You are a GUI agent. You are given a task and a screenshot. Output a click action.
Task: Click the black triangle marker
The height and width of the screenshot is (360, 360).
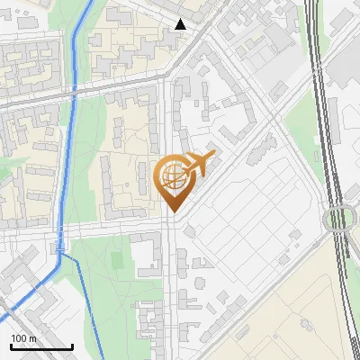click(x=181, y=24)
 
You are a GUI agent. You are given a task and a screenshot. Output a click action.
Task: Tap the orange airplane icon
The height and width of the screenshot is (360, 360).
click(x=201, y=165)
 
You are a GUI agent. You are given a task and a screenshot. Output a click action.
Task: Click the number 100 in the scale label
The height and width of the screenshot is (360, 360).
click(x=20, y=338)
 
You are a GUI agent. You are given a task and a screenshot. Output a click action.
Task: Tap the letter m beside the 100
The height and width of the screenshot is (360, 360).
click(x=32, y=338)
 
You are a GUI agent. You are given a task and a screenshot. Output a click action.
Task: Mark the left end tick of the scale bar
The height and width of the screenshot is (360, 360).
click(x=11, y=346)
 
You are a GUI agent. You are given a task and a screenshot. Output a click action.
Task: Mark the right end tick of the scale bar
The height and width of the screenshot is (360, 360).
click(x=73, y=346)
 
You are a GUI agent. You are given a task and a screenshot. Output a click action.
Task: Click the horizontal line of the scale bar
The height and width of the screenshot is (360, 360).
click(x=41, y=347)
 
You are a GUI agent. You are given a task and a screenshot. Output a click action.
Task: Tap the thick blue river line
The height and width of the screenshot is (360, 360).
click(x=70, y=135)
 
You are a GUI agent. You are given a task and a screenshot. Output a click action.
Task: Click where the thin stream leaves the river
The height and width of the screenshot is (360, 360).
click(x=62, y=255)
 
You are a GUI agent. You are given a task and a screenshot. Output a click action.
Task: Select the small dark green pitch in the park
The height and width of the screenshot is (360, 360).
click(x=116, y=260)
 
